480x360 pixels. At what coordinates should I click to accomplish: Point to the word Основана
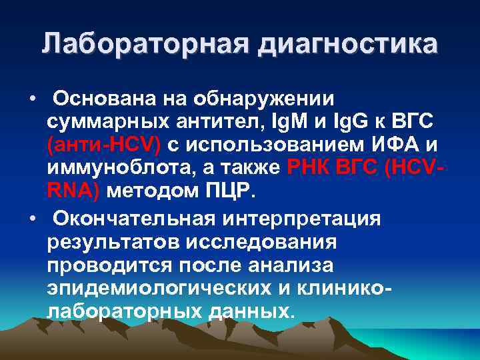(105, 99)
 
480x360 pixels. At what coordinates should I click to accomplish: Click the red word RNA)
(73, 191)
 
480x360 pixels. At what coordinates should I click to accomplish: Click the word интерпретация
(313, 218)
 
